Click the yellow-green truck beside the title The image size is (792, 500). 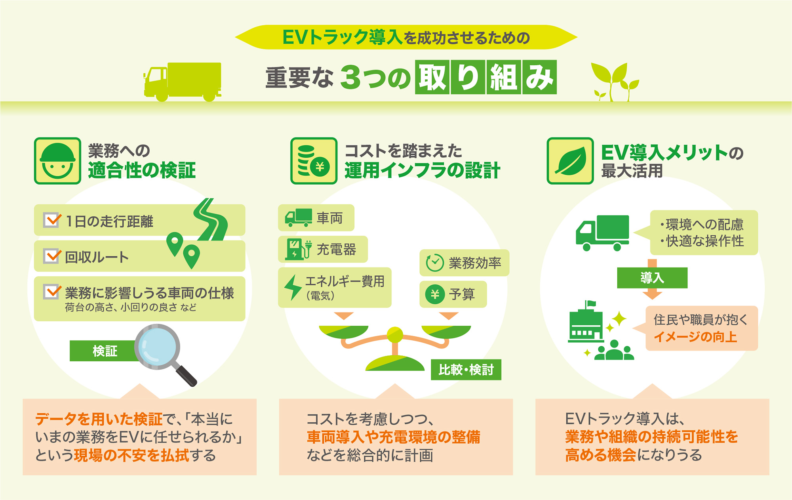coord(183,82)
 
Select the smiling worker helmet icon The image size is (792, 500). coord(57,161)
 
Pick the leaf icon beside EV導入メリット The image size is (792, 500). coord(570,161)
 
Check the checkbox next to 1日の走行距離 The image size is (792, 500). coord(52,220)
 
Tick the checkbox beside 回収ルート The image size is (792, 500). coord(52,256)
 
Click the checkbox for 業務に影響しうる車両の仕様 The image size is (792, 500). coord(52,292)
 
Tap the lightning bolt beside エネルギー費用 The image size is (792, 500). coord(293,287)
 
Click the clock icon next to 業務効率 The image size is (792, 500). coord(434,263)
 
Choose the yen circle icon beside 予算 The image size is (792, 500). coord(435,294)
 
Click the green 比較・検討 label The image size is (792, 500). coord(466,370)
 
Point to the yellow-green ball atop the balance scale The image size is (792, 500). coord(394,335)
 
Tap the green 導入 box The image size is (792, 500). coord(652,278)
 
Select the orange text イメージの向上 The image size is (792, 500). coord(695,337)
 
